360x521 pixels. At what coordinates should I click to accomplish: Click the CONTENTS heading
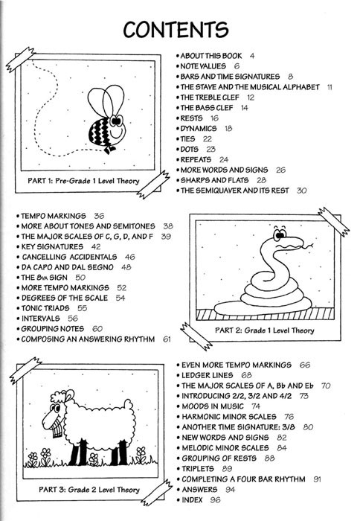176,29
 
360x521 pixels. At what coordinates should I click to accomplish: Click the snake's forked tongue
309,246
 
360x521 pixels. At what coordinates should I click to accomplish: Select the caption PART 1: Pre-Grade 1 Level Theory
83,181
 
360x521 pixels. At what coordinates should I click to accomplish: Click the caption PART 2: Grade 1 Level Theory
264,330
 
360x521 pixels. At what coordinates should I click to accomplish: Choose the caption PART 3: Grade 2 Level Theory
89,490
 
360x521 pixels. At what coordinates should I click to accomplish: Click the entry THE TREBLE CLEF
210,98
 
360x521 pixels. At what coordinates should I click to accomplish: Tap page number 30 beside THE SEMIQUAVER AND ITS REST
301,191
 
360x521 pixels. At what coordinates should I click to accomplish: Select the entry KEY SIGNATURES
52,246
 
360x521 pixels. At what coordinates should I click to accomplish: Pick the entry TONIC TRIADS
45,308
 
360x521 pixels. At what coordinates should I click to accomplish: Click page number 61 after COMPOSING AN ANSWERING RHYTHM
167,339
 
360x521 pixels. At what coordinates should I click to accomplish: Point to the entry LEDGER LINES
208,375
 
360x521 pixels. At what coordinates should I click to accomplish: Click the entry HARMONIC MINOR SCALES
229,417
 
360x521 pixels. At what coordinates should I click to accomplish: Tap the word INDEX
192,499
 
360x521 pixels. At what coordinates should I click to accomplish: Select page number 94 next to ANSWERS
230,490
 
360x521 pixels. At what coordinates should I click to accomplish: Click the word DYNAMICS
199,128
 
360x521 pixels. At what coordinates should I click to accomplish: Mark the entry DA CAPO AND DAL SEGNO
68,267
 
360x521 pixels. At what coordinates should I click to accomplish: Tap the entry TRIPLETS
198,469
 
